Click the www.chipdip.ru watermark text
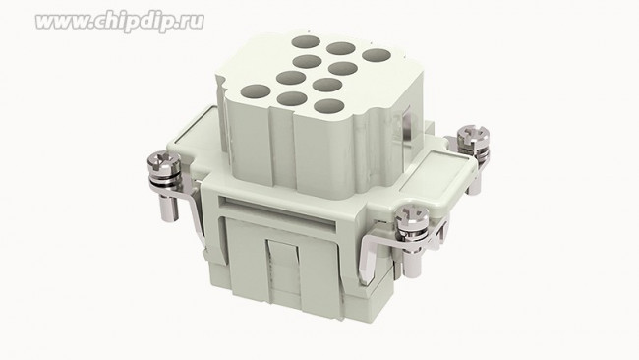pos(119,22)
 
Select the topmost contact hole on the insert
pos(306,42)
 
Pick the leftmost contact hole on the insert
pos(256,91)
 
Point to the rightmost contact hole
pos(377,55)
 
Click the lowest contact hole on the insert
pos(329,106)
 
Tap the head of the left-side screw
pos(163,161)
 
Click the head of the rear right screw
pos(473,135)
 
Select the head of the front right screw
pos(412,215)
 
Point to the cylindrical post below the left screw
pos(169,207)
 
